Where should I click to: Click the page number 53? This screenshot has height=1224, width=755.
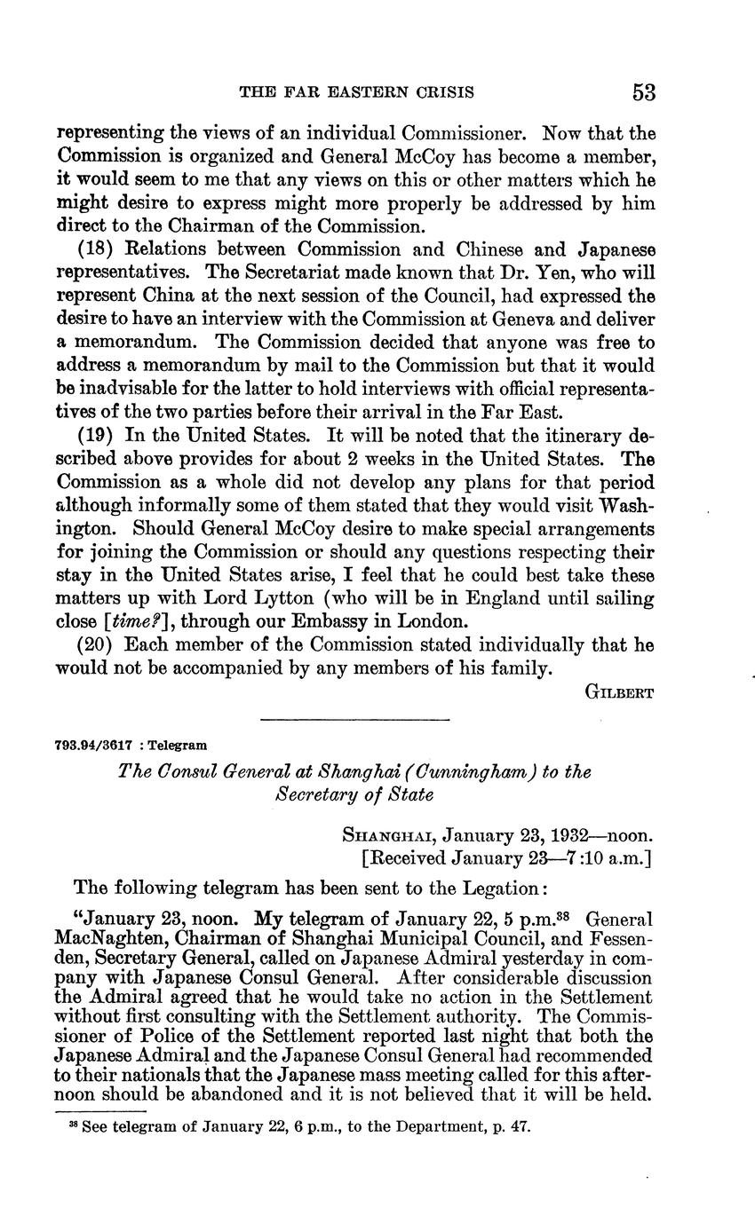point(644,91)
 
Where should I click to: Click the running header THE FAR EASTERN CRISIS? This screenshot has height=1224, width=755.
point(358,92)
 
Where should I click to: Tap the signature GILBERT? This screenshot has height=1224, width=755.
point(620,692)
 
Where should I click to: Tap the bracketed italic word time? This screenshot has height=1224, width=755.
point(121,621)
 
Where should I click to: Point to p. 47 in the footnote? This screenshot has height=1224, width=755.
point(513,1127)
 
